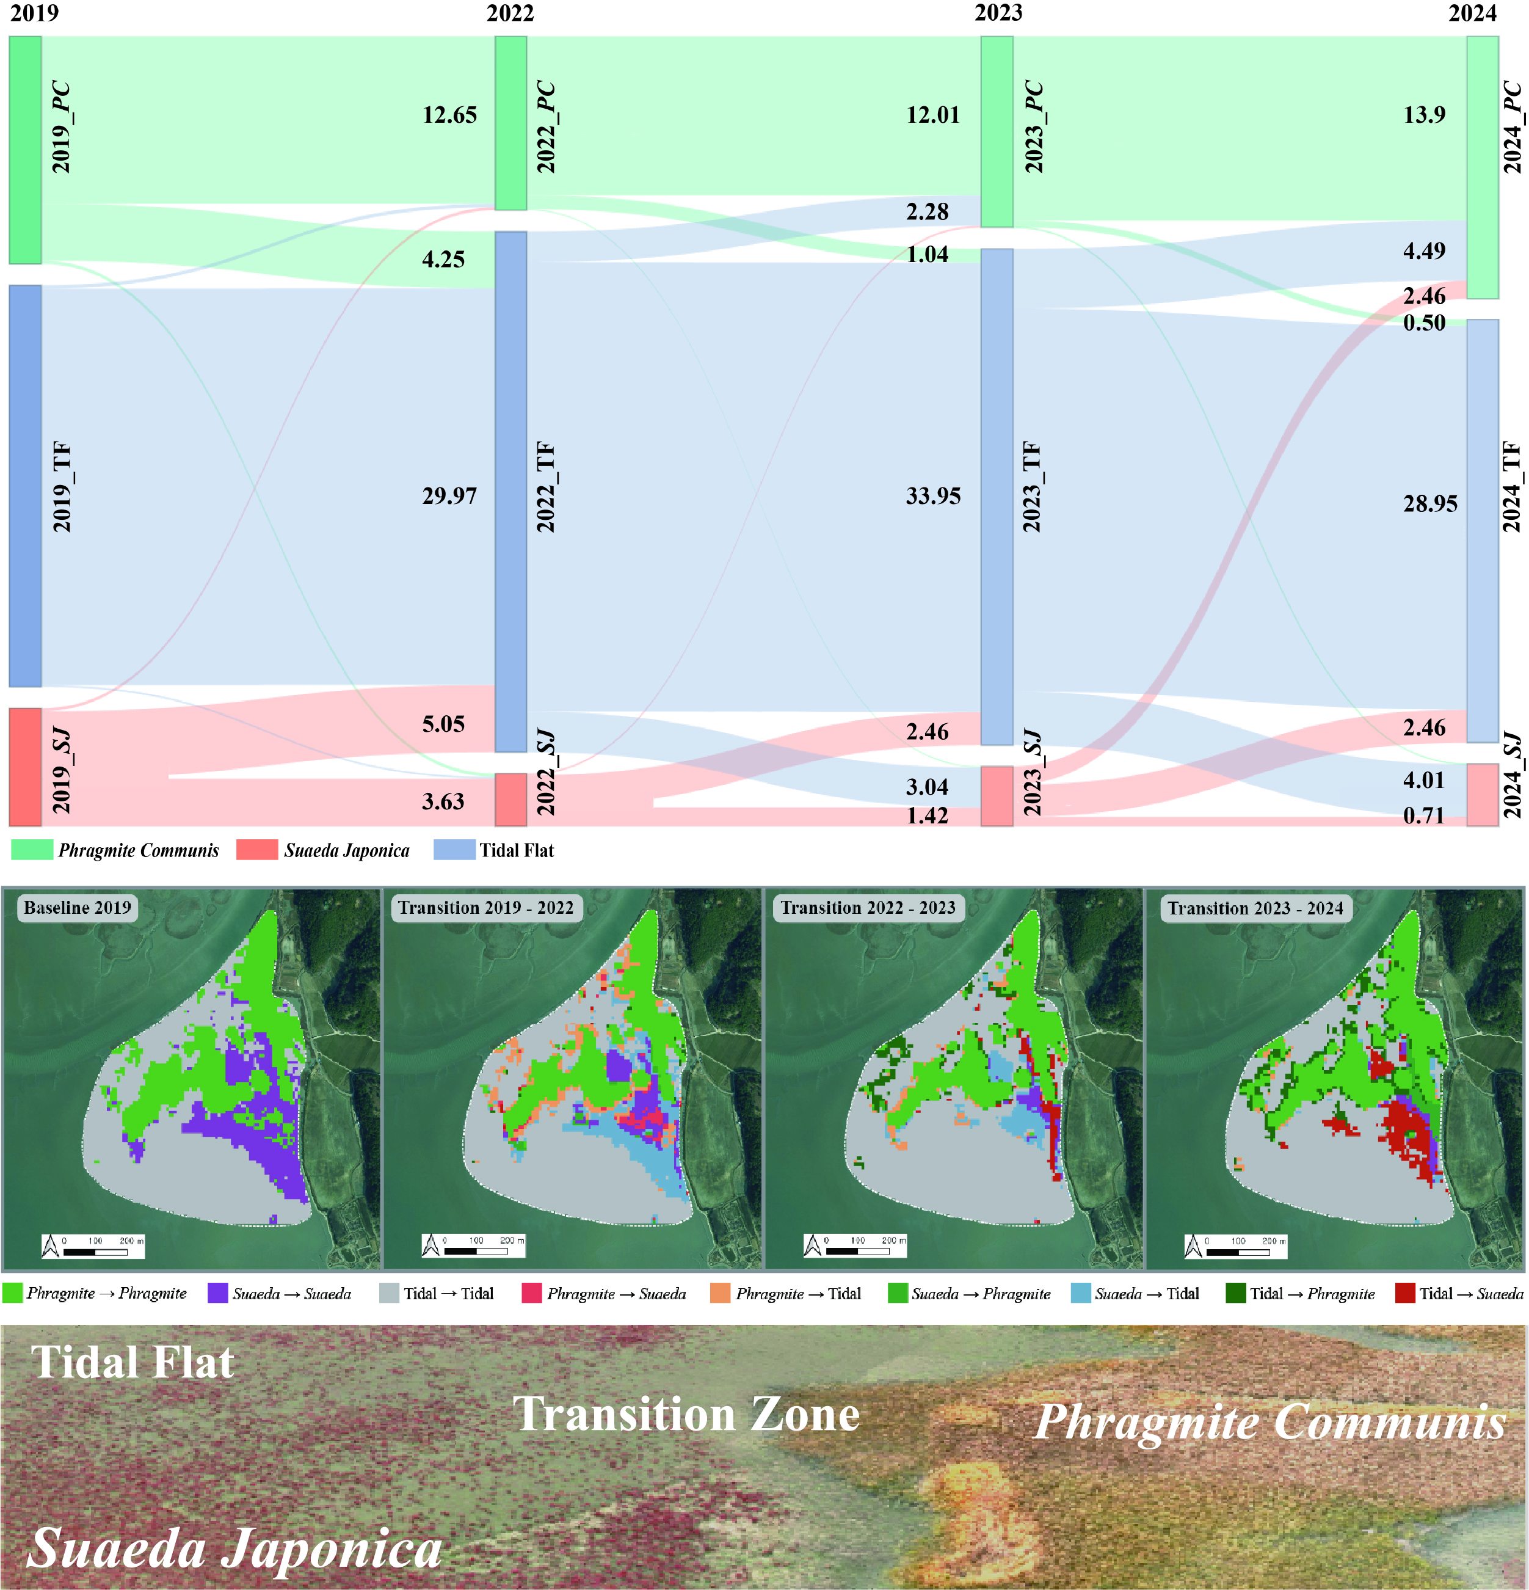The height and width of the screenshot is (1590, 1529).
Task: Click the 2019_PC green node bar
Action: pos(25,150)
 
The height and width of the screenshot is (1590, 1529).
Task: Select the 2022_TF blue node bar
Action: pos(511,492)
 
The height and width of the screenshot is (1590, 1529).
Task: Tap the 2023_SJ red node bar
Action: pos(997,796)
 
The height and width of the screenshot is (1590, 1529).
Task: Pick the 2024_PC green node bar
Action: pos(1483,167)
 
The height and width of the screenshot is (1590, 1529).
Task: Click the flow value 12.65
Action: pos(449,114)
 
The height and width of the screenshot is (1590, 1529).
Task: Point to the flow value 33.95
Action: pos(933,495)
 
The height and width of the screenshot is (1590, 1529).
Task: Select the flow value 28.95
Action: pos(1430,504)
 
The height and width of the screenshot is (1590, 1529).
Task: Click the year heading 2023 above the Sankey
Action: pos(998,13)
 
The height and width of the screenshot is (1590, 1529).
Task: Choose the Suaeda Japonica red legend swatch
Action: pos(257,849)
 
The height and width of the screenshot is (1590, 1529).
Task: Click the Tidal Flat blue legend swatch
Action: pos(454,849)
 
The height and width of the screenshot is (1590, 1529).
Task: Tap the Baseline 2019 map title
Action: pos(77,908)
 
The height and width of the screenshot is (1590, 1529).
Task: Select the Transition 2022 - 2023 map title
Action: pos(868,908)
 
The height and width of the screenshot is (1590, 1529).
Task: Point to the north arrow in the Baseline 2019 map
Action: pos(50,1245)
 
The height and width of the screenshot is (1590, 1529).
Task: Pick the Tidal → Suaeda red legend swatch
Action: pos(1405,1293)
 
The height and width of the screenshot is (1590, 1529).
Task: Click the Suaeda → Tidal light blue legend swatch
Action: pos(1080,1293)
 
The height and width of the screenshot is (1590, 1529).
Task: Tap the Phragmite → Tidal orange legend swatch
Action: pos(719,1293)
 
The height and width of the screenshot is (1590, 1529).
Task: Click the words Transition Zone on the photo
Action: pos(686,1415)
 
